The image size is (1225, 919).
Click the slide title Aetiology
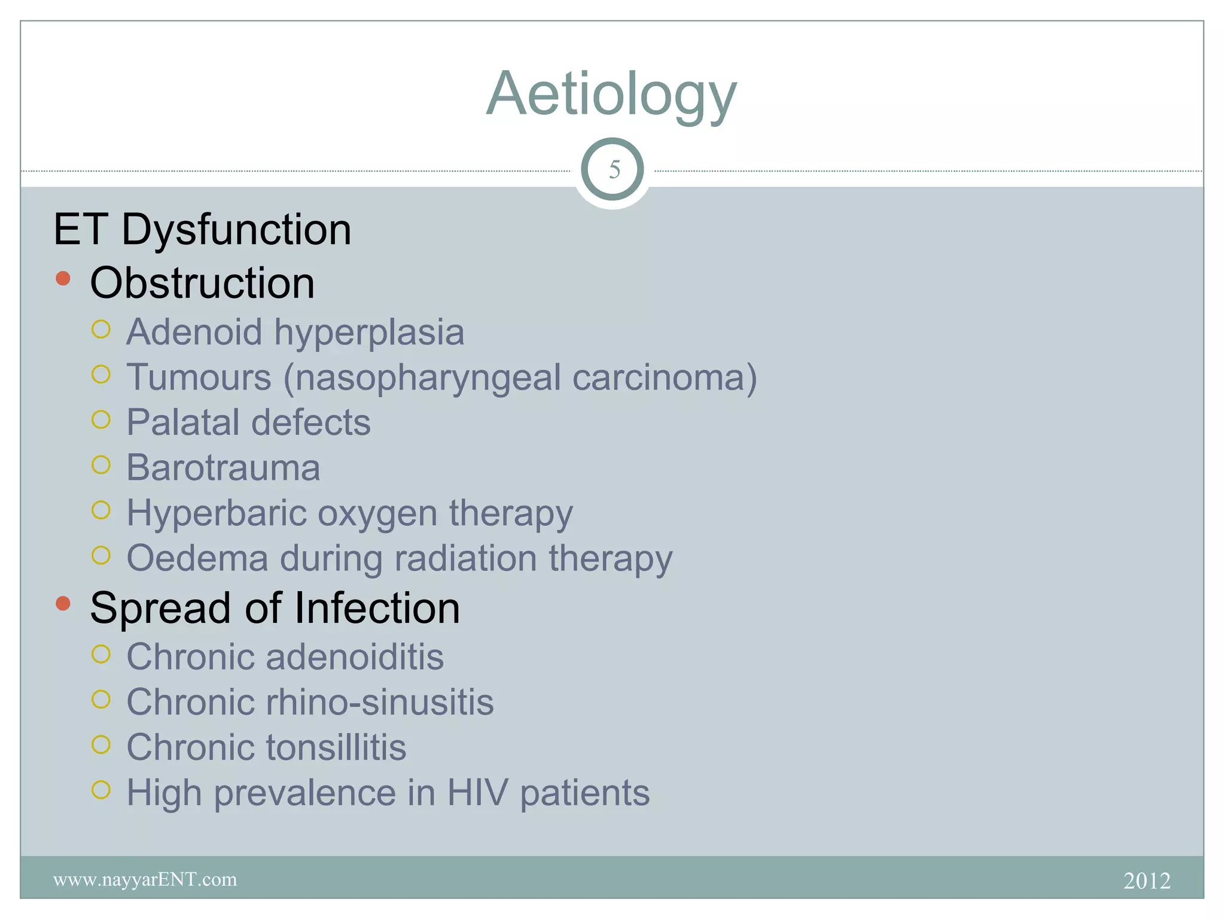coord(611,95)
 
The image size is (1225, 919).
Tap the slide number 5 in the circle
coord(613,170)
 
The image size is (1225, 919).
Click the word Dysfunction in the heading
coord(236,230)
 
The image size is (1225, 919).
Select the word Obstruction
coord(202,283)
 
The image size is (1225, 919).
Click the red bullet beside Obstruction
coord(63,278)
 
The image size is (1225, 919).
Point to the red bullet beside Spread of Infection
coord(63,603)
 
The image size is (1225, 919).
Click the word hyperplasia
coord(368,333)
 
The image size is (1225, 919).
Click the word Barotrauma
coord(223,467)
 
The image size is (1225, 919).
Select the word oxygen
coord(377,513)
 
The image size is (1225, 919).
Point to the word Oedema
coord(197,558)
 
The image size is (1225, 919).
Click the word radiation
coord(465,558)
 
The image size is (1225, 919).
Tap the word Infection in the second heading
coord(377,608)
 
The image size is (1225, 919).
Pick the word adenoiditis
coord(355,657)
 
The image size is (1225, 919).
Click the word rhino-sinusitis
coord(380,702)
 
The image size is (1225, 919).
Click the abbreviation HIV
coord(477,793)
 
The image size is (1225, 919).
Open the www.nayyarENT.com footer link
coord(145,880)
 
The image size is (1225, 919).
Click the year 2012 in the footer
coord(1147,881)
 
